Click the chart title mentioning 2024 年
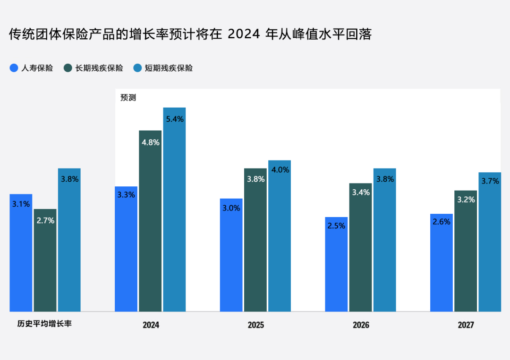click(x=190, y=34)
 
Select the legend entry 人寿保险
click(x=32, y=68)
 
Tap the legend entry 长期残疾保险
click(x=93, y=68)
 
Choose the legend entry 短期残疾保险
click(x=163, y=68)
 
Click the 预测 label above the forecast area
click(x=128, y=98)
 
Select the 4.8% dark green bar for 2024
click(x=150, y=222)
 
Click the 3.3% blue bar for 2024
click(x=126, y=250)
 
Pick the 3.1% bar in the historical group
click(x=21, y=253)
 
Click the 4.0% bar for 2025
click(x=280, y=236)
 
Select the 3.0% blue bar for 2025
click(x=231, y=255)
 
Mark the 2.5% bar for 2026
click(x=336, y=264)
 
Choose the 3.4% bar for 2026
click(x=360, y=248)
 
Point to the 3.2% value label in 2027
click(x=466, y=200)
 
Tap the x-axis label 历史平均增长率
click(x=44, y=325)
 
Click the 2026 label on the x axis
click(x=361, y=325)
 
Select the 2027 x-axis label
click(x=466, y=325)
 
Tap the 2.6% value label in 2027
click(x=442, y=222)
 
